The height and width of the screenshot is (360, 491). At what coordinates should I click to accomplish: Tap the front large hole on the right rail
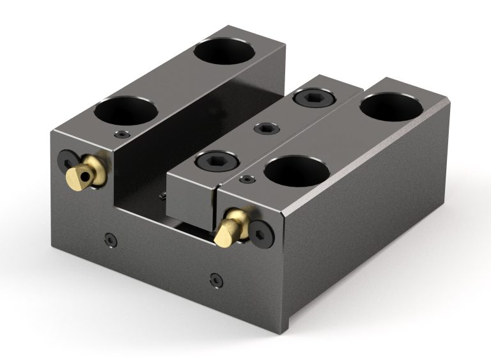click(297, 169)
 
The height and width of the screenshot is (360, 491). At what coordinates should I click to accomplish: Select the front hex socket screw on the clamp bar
click(210, 160)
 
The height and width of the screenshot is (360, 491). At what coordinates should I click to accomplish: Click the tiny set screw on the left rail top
click(123, 134)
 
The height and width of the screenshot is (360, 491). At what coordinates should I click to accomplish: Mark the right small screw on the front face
click(215, 279)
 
